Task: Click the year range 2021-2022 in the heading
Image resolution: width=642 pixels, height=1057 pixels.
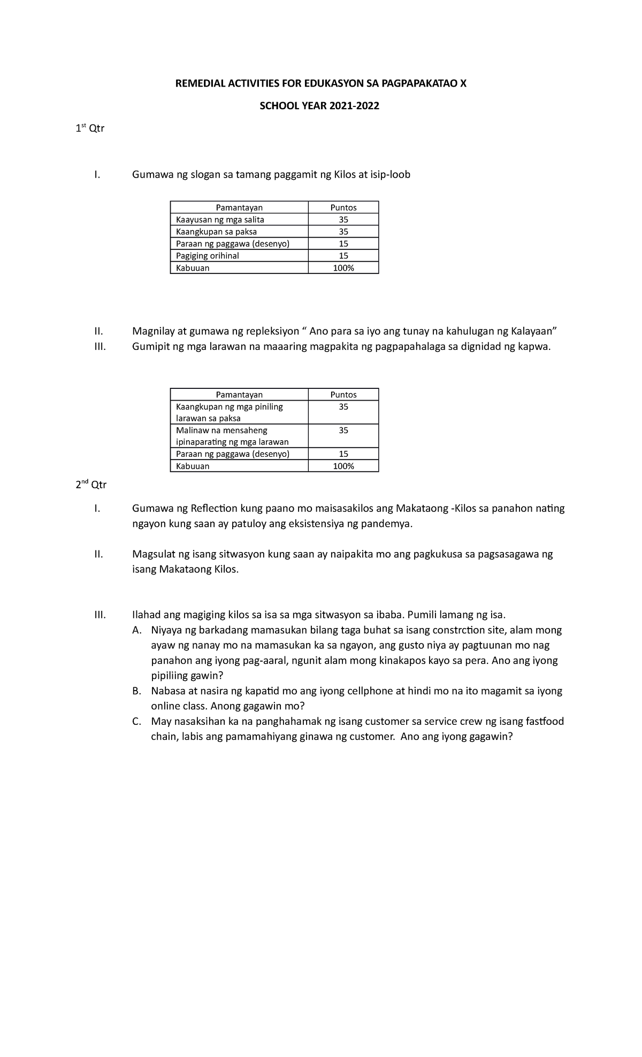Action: point(353,106)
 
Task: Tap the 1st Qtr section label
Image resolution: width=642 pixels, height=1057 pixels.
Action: point(89,129)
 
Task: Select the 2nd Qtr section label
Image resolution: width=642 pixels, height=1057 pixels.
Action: point(90,485)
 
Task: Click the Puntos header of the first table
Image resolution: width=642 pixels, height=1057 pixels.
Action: point(343,208)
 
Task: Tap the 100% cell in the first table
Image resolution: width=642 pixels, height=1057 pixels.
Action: point(343,268)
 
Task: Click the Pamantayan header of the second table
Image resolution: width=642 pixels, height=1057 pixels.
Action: point(239,395)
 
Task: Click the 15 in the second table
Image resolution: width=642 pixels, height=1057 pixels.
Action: point(343,454)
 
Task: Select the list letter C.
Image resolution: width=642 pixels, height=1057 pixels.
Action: point(136,722)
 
